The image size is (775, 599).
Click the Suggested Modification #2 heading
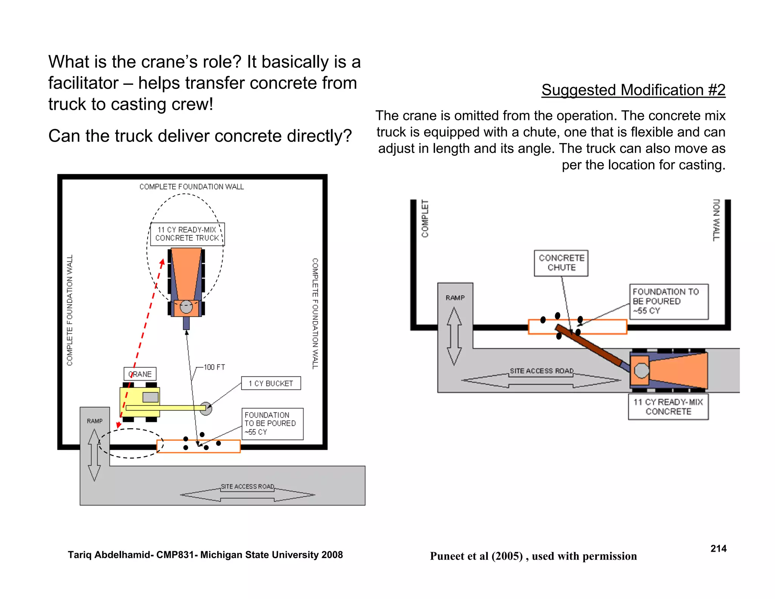(633, 90)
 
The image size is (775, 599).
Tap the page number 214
(718, 549)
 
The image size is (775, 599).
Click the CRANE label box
(140, 374)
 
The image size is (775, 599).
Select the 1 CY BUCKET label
(271, 383)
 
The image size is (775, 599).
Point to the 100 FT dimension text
(214, 367)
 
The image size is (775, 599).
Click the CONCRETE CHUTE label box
(561, 263)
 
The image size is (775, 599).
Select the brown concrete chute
(590, 345)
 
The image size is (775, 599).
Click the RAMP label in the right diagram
(455, 298)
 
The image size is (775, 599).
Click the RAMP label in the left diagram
(95, 421)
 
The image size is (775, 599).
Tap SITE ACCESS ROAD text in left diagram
(247, 487)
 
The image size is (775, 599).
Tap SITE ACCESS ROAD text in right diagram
(541, 371)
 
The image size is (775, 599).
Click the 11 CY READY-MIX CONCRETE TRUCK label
(187, 234)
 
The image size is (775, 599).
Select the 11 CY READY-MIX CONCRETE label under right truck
(668, 407)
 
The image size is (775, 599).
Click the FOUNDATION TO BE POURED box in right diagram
(668, 301)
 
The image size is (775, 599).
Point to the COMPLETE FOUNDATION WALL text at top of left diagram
(191, 187)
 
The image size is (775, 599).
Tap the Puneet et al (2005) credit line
(533, 556)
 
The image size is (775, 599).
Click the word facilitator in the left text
(83, 83)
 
